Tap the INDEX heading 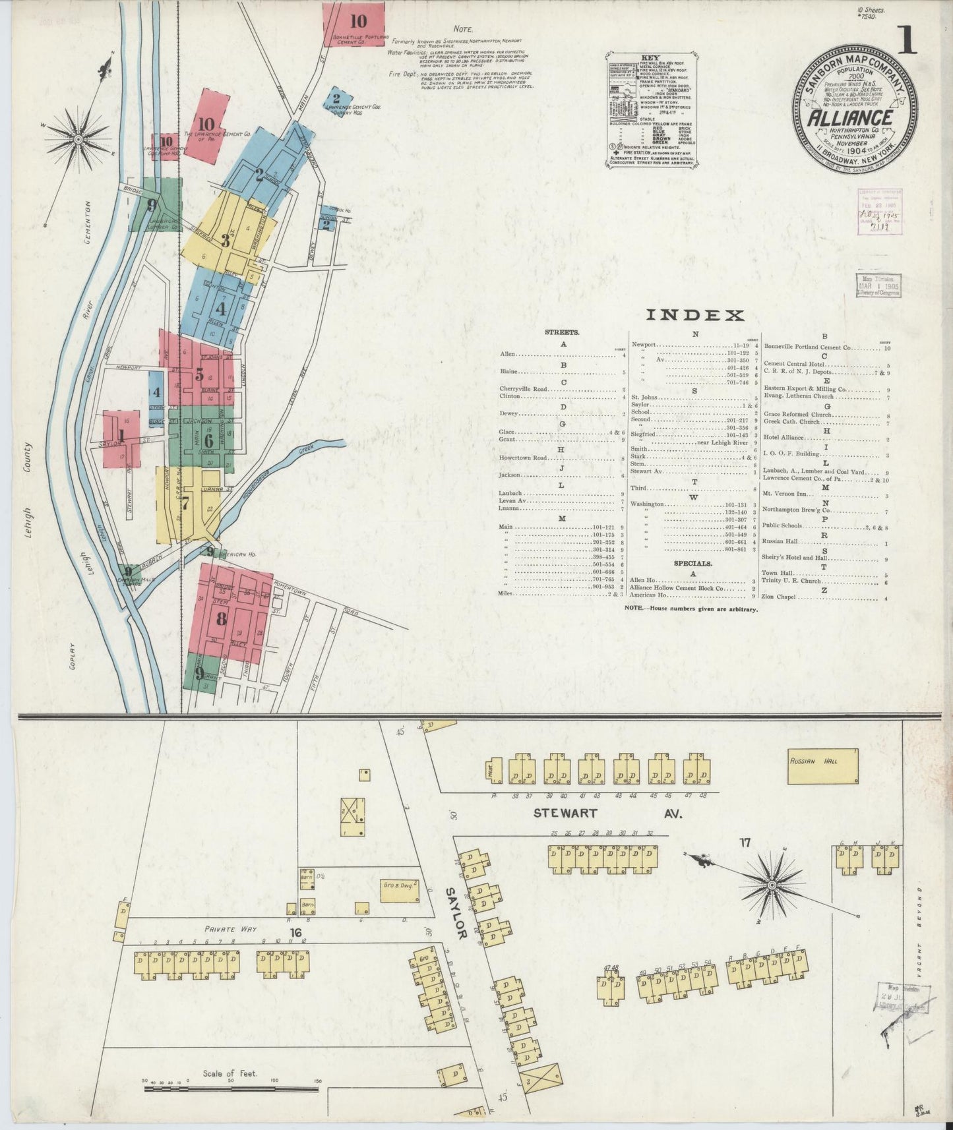(x=694, y=315)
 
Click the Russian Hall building (x=822, y=766)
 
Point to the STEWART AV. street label (x=607, y=814)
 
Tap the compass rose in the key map (x=78, y=139)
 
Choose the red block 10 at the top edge (x=354, y=24)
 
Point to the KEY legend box (x=651, y=110)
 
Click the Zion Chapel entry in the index (x=779, y=597)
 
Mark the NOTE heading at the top (x=463, y=29)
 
